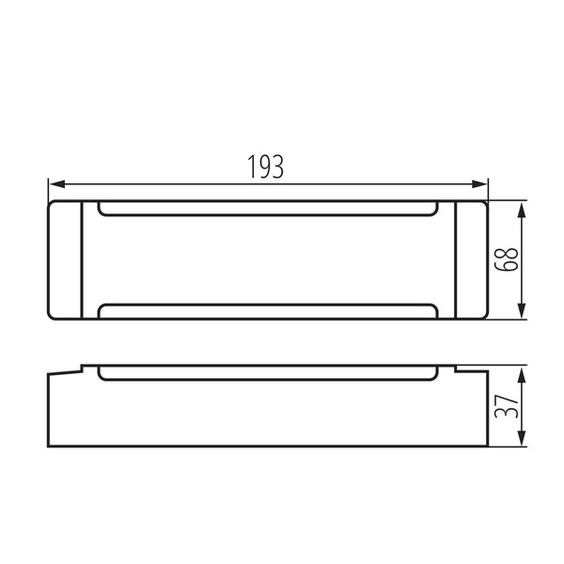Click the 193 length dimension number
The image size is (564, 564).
click(265, 167)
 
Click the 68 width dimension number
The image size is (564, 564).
click(506, 259)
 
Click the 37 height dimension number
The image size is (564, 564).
click(506, 406)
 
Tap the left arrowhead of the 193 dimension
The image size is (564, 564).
click(57, 184)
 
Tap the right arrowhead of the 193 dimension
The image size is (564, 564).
click(478, 184)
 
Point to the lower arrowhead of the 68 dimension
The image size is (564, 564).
click(522, 310)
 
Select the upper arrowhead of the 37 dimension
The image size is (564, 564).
click(522, 375)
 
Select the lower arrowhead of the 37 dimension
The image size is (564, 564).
click(522, 438)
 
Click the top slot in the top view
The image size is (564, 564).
click(268, 215)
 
